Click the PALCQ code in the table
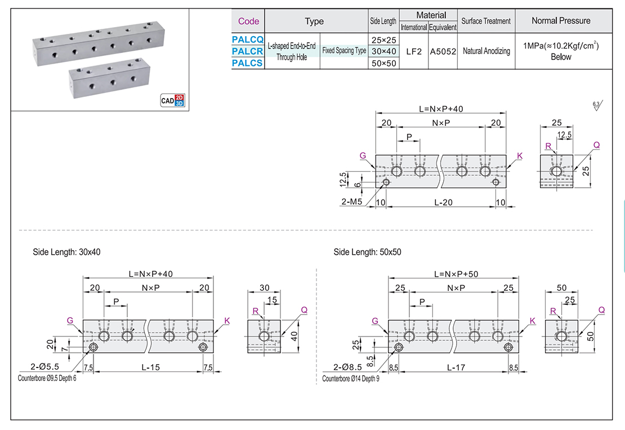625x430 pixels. pos(248,39)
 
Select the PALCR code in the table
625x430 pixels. pos(248,51)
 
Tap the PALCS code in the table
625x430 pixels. pos(248,63)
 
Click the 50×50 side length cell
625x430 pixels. pos(383,63)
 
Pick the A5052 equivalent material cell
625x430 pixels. pos(443,51)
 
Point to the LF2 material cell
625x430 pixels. pos(414,51)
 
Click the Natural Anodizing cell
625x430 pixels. pos(486,51)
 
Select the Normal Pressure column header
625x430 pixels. pos(561,21)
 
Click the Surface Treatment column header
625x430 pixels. pos(486,21)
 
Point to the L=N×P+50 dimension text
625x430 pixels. pos(456,274)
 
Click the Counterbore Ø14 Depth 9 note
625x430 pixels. pos(351,379)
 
